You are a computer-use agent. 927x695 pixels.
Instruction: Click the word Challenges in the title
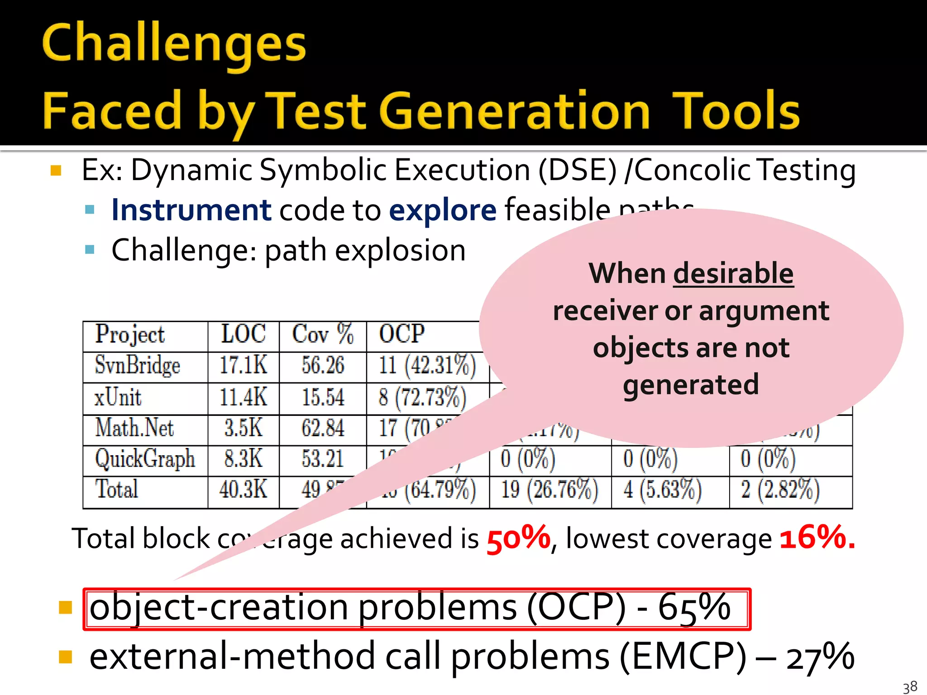tap(174, 44)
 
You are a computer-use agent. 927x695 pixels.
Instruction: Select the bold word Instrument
tap(191, 210)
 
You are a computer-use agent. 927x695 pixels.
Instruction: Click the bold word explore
tap(443, 210)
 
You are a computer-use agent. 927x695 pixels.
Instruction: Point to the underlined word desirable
tap(733, 274)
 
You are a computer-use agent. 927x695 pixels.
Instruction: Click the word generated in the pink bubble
tap(691, 385)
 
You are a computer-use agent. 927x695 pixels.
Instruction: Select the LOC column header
tap(243, 334)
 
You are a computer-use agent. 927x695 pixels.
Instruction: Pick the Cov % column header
tap(322, 334)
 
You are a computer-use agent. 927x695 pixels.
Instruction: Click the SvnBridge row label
tap(138, 366)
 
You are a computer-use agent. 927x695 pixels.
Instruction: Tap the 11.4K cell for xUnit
tap(243, 397)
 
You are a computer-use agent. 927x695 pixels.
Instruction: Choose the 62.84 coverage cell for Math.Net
tap(323, 428)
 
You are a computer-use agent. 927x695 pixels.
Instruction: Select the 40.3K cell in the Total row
tap(243, 490)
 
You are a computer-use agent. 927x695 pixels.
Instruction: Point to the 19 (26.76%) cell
tap(550, 490)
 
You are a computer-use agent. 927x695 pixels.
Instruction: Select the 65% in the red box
tap(694, 607)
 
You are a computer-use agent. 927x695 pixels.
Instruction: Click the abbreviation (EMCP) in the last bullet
tap(683, 657)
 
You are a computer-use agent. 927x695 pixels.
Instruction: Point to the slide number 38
tap(910, 687)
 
